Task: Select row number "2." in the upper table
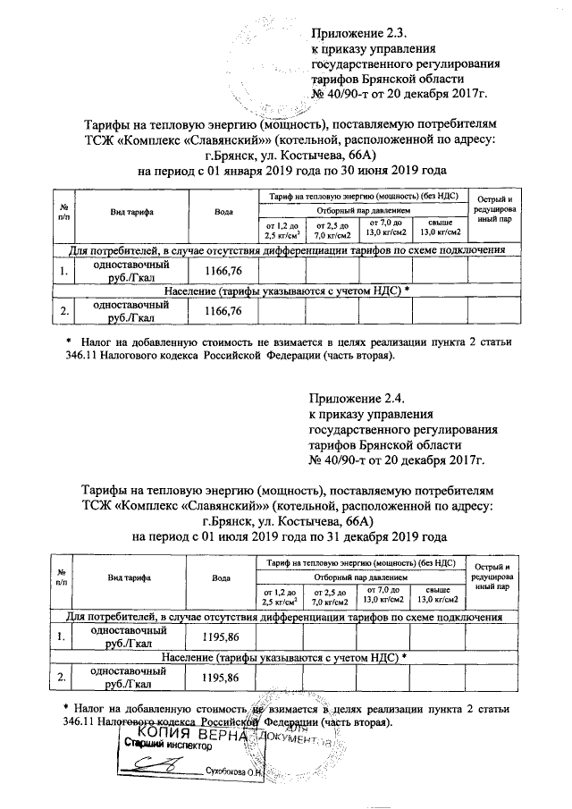click(x=63, y=311)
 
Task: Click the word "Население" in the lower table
click(x=193, y=657)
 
